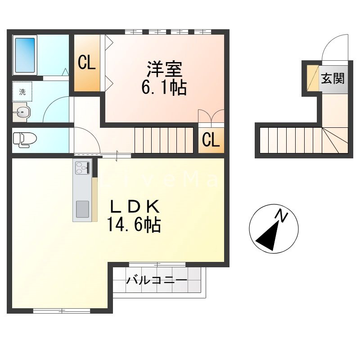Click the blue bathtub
click(x=25, y=55)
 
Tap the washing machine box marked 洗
click(x=22, y=91)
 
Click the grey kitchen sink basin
click(x=82, y=209)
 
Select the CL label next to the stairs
click(x=211, y=140)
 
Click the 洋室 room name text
click(x=165, y=69)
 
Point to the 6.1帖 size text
click(x=164, y=88)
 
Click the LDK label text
click(x=135, y=207)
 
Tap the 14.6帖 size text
click(x=134, y=225)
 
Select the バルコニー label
click(x=157, y=280)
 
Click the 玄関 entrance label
click(x=333, y=78)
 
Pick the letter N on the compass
click(x=282, y=216)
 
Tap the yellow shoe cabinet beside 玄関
click(x=313, y=78)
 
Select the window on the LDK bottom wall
click(x=62, y=311)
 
